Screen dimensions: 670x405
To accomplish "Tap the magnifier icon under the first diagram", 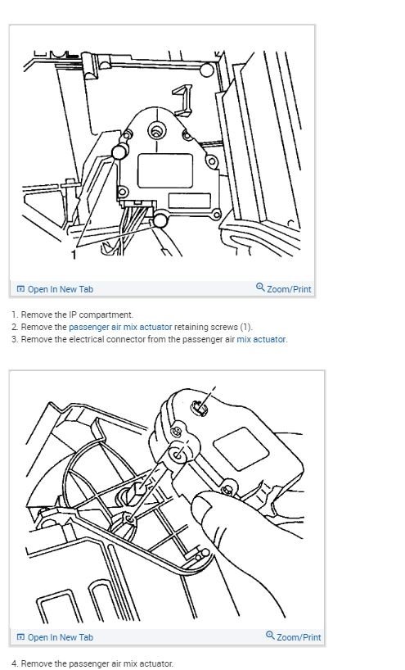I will (260, 287).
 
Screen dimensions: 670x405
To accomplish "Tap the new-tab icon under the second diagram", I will (21, 637).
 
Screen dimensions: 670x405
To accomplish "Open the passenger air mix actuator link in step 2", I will (120, 327).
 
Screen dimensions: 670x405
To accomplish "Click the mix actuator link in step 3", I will (262, 339).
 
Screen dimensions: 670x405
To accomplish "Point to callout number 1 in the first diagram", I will (74, 255).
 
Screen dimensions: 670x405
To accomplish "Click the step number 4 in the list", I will (14, 663).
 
